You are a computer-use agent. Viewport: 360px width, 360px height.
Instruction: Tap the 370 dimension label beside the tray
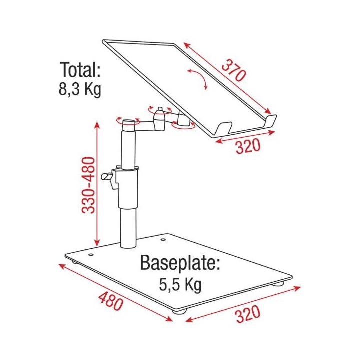[x=233, y=71]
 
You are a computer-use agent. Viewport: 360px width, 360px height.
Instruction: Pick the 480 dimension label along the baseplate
[x=110, y=298]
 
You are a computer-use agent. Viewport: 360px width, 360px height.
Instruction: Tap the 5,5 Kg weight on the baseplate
[x=180, y=285]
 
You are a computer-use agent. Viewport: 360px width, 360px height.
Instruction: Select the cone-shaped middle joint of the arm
[x=159, y=119]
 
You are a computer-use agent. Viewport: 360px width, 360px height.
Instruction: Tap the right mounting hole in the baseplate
[x=162, y=239]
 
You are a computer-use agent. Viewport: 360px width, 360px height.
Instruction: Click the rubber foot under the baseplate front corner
[x=178, y=311]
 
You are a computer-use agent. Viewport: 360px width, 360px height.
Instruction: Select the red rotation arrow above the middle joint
[x=152, y=108]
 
